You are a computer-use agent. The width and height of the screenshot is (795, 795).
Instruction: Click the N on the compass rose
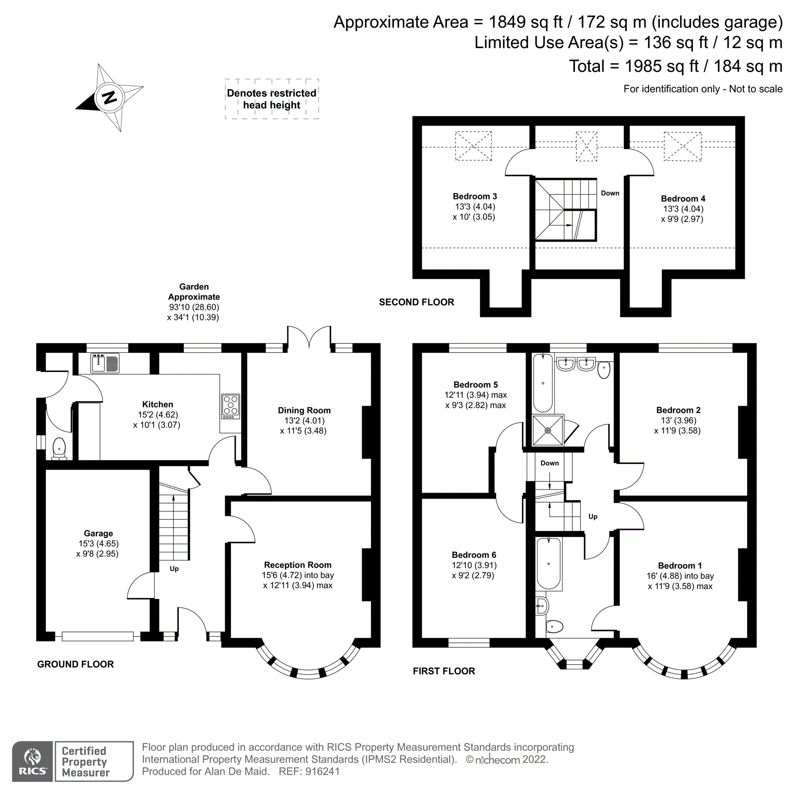(x=109, y=97)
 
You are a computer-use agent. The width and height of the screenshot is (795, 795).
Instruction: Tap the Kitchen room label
(x=157, y=404)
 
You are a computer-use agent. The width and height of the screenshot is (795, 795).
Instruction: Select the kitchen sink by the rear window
(x=105, y=363)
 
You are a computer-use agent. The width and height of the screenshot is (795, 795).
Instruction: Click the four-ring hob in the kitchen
(x=231, y=406)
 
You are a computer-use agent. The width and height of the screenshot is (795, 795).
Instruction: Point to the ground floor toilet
(x=59, y=448)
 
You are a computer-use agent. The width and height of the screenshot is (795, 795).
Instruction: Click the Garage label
(x=98, y=533)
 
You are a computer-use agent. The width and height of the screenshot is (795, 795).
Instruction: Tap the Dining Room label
(x=304, y=410)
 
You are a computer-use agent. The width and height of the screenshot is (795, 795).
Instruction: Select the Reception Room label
(x=297, y=565)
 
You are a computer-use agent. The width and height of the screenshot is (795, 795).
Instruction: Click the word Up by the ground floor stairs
(x=174, y=569)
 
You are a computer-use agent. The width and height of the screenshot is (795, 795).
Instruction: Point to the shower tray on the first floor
(x=548, y=430)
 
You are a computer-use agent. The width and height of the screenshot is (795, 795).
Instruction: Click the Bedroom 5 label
(x=475, y=385)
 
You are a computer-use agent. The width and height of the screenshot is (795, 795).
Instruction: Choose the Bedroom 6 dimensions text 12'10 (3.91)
(x=474, y=565)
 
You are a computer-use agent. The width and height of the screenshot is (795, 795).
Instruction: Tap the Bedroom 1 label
(x=680, y=565)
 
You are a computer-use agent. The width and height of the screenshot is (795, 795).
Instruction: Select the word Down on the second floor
(x=610, y=193)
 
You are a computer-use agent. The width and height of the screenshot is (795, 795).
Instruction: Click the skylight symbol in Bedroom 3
(x=473, y=145)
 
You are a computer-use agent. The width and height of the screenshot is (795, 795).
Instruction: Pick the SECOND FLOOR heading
(x=417, y=302)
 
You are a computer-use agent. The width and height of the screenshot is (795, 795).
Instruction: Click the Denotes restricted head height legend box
(x=271, y=99)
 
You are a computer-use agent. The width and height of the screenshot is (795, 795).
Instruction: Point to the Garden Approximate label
(x=194, y=292)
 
